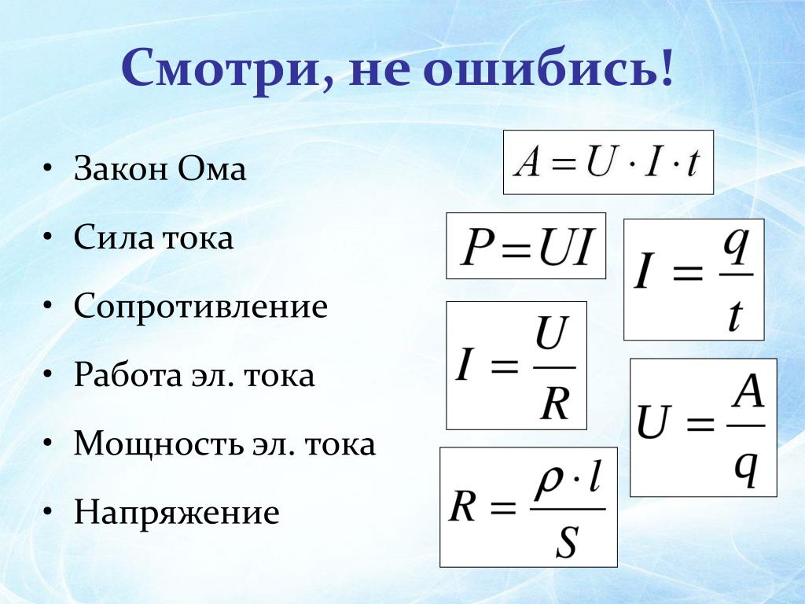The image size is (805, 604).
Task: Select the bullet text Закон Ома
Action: coord(160,168)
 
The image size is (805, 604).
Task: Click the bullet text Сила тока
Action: coord(153,237)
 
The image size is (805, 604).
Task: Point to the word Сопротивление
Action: coord(200,307)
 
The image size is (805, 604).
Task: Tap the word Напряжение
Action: coord(177,513)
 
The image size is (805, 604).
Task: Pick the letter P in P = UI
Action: coord(477,247)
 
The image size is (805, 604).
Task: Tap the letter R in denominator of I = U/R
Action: coord(555,403)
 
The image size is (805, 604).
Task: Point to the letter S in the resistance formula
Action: coord(568,543)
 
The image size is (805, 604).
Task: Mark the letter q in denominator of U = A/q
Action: coord(746,468)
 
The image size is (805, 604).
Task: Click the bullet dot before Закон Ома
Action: coord(48,168)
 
